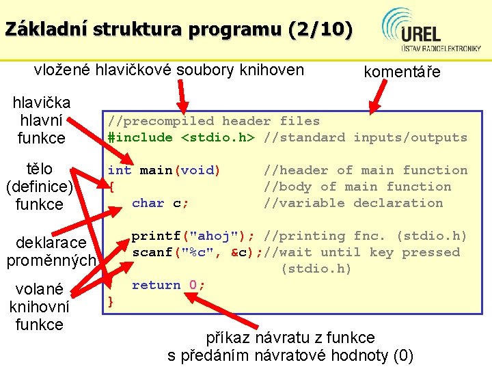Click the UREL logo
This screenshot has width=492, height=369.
[431, 30]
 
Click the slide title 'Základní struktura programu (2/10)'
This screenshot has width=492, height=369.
[179, 29]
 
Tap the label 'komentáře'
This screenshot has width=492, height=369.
[402, 72]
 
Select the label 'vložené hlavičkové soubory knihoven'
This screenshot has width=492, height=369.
[169, 68]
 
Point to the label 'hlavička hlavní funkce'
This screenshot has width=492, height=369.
[42, 120]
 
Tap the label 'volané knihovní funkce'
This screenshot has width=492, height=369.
[39, 306]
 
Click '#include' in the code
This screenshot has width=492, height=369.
[140, 137]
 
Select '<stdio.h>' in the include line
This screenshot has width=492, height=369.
[217, 137]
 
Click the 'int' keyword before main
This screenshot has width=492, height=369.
[119, 170]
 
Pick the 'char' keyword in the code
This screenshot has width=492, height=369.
[148, 203]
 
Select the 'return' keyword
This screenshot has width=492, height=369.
[156, 285]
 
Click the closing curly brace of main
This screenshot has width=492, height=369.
[112, 301]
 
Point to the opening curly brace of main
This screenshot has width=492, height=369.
[112, 187]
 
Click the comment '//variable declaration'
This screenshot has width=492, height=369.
[353, 203]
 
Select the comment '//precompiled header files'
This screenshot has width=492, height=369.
[213, 121]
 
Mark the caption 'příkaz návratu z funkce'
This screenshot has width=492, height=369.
[290, 338]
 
